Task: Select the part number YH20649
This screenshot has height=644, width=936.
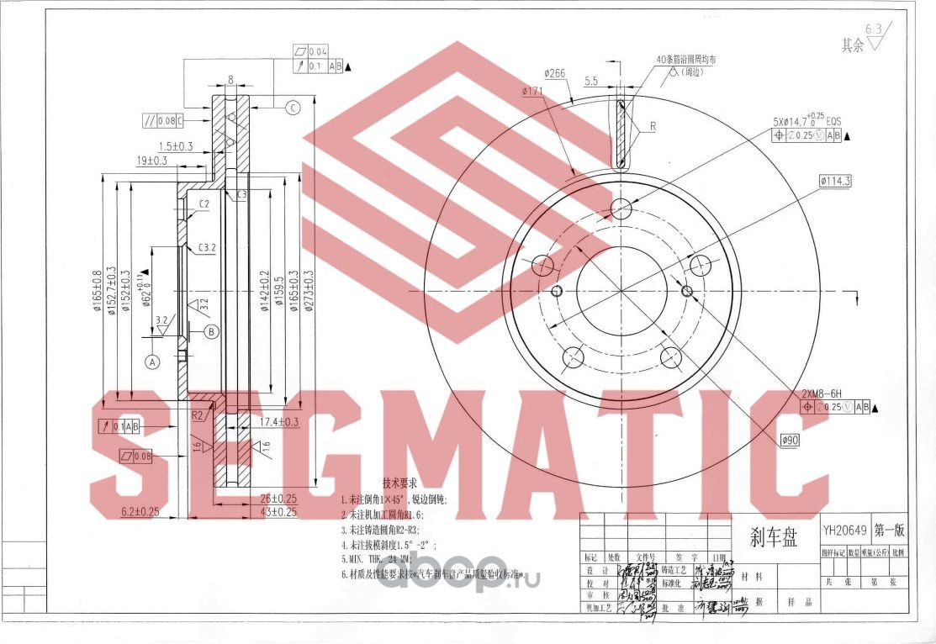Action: pyautogui.click(x=844, y=531)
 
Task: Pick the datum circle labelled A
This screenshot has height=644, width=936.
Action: pyautogui.click(x=152, y=362)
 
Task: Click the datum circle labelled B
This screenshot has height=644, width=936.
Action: pyautogui.click(x=212, y=331)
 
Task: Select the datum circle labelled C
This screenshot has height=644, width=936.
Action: pyautogui.click(x=293, y=107)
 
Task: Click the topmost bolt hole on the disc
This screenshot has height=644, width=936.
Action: pyautogui.click(x=621, y=208)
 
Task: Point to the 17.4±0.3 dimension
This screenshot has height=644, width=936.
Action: pyautogui.click(x=280, y=421)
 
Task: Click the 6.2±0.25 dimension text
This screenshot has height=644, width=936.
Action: pyautogui.click(x=140, y=510)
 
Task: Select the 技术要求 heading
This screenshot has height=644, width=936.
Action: pyautogui.click(x=400, y=485)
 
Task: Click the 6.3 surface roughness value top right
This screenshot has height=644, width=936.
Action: pyautogui.click(x=875, y=28)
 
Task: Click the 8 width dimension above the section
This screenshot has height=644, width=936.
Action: pyautogui.click(x=230, y=81)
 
